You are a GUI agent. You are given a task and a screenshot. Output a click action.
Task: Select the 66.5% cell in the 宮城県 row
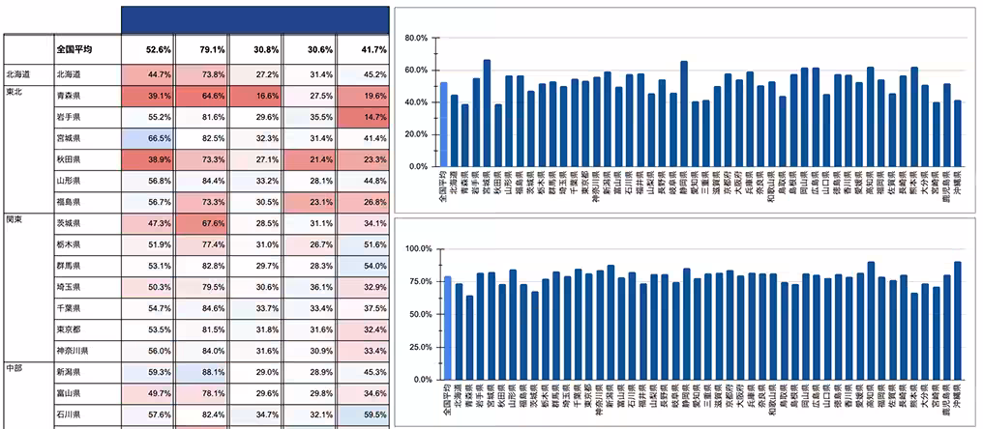[147, 138]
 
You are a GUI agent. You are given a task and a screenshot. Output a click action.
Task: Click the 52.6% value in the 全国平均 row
[147, 49]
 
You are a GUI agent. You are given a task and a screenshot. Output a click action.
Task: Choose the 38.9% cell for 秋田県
[147, 159]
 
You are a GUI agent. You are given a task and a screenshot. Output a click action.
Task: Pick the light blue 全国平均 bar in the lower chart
[448, 328]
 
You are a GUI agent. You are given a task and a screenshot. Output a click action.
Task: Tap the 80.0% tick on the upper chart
[415, 38]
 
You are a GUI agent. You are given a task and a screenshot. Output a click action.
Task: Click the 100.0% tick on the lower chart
[413, 248]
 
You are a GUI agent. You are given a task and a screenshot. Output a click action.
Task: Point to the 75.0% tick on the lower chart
[415, 281]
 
